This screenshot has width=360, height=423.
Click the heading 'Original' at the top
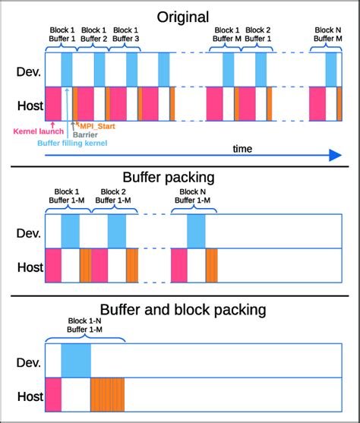point(182,16)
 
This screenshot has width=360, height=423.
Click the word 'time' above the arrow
point(242,149)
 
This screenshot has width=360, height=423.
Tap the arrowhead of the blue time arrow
point(335,156)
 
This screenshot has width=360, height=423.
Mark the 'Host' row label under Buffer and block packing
point(29,396)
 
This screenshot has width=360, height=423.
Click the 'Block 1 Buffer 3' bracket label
point(127,34)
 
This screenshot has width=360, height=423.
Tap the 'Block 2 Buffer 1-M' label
point(112,196)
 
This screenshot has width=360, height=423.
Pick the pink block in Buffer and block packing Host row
point(53,395)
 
